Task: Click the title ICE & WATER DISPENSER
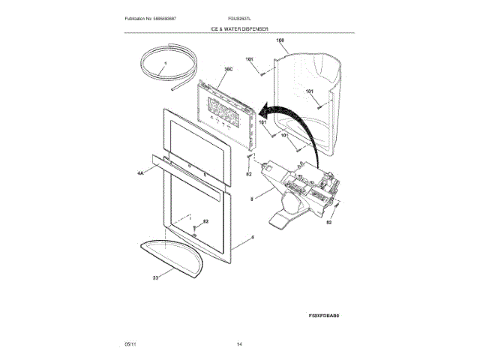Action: coord(240,28)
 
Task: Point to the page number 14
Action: coord(239,343)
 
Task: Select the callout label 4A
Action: coord(140,173)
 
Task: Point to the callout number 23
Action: coord(154,277)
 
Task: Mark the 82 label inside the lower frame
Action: coord(206,223)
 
